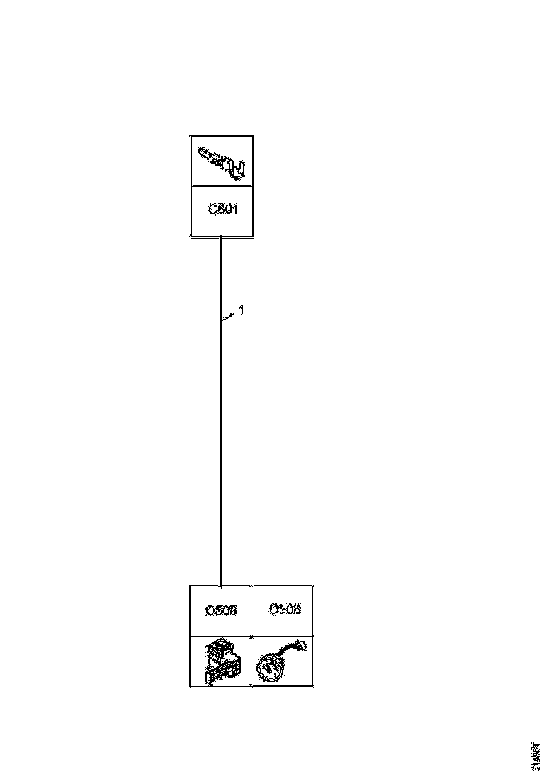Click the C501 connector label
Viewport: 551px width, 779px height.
222,210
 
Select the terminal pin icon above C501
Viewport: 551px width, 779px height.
222,161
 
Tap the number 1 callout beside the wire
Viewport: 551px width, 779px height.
242,309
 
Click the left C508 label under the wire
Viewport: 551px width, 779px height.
221,610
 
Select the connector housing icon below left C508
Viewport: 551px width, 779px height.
220,661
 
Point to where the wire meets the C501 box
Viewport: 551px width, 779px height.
221,237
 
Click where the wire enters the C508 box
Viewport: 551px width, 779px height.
221,586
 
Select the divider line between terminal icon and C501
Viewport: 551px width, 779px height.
222,186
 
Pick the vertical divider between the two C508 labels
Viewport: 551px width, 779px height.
252,610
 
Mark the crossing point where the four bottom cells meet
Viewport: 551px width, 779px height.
252,636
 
